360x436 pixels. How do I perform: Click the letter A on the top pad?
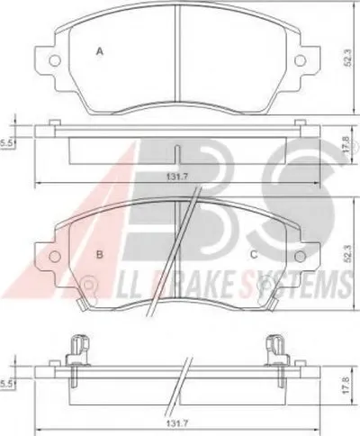coord(100,51)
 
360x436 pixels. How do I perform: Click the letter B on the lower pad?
coord(100,255)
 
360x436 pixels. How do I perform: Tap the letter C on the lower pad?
coord(254,255)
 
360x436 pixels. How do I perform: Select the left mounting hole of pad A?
coord(55,60)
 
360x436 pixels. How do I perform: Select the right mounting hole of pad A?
coord(301,60)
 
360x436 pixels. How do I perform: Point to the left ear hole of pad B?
coord(55,256)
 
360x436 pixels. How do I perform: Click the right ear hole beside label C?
coord(300,256)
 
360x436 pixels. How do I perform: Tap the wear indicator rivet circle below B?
coord(88,284)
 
